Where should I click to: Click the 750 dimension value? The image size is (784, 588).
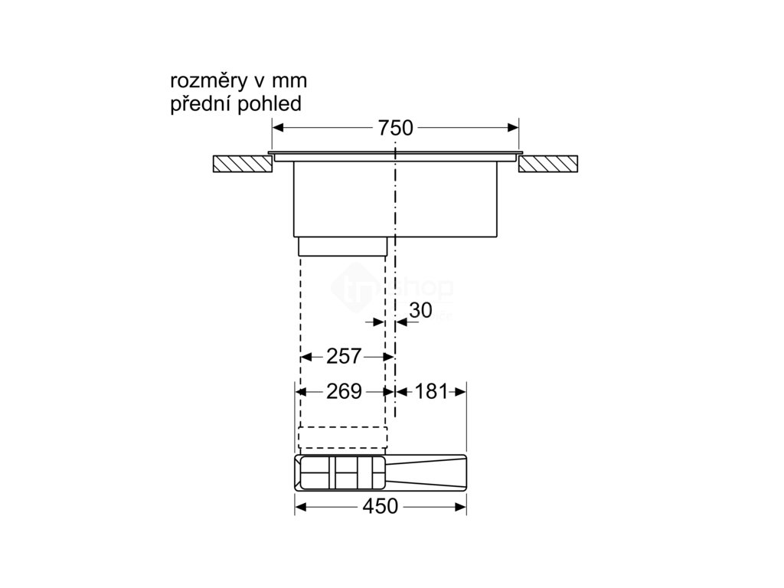coord(394,128)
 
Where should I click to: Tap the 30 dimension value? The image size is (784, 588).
coord(420,310)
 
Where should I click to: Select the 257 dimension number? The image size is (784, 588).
coord(344,356)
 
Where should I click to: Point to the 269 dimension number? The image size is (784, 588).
coord(344,391)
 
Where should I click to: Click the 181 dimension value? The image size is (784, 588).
coord(431,391)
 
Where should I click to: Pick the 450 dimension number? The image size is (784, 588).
coord(381,506)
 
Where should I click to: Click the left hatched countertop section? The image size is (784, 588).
coord(242,164)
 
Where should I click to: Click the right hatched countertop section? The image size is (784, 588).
coord(548,164)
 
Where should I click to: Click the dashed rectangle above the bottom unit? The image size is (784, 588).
coord(342,437)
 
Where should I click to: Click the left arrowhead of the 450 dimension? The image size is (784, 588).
coord(300,506)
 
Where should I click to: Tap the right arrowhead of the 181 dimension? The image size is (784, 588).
coord(462,391)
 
